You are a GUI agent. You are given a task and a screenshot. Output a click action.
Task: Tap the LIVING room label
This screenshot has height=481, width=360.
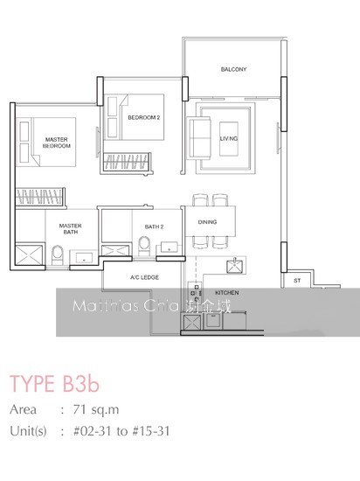pyautogui.click(x=229, y=138)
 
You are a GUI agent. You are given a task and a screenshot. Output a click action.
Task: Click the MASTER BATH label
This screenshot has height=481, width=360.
pyautogui.click(x=70, y=229)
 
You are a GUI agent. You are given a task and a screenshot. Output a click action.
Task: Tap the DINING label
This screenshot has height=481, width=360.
pyautogui.click(x=207, y=222)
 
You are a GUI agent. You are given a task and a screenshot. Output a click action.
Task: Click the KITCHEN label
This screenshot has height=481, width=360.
pyautogui.click(x=226, y=294)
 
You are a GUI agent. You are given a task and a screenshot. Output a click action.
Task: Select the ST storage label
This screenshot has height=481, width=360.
pyautogui.click(x=297, y=281)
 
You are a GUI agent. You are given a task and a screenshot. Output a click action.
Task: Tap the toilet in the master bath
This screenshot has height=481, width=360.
pyautogui.click(x=56, y=254)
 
